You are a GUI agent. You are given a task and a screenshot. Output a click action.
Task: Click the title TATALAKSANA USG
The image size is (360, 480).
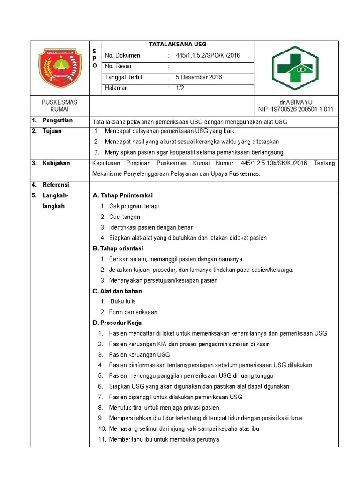(177, 45)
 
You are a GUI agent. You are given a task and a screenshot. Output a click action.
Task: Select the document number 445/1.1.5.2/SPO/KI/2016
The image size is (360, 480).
(208, 56)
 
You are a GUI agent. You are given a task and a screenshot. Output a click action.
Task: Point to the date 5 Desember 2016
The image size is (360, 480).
(199, 77)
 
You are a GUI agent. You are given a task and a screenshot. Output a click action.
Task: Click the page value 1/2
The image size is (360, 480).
(180, 88)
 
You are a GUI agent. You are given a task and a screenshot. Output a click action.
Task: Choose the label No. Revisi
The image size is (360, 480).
(118, 67)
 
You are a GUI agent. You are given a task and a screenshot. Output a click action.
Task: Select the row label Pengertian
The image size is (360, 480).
(57, 121)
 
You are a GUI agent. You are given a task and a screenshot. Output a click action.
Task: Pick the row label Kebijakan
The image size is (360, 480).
(56, 163)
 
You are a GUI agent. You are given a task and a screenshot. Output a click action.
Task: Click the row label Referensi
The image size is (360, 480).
(56, 185)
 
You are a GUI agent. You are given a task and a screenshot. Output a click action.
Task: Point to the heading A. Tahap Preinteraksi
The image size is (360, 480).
(123, 195)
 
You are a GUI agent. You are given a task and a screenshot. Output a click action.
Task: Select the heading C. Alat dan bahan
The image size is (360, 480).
(117, 291)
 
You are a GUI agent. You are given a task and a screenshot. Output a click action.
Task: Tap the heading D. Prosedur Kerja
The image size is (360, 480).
(117, 323)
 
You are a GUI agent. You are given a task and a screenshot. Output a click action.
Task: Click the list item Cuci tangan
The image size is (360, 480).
(125, 217)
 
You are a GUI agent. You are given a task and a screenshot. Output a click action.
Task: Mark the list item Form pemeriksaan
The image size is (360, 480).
(133, 312)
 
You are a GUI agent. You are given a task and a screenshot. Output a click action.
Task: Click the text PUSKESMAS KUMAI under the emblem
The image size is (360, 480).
(60, 106)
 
